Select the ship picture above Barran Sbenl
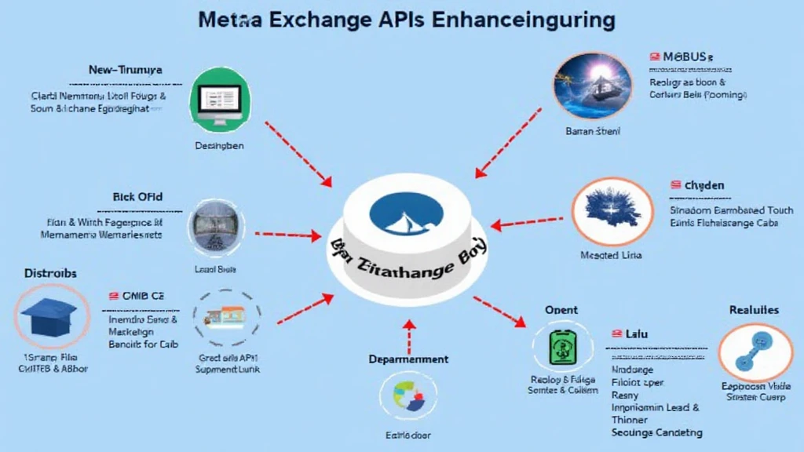tap(592, 86)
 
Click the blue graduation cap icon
tap(46, 318)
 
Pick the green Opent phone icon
tap(559, 346)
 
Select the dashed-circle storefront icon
tap(222, 318)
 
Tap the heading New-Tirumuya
tap(126, 70)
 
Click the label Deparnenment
tap(408, 359)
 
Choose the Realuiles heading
tap(754, 310)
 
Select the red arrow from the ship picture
tap(508, 141)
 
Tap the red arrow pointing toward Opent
tap(499, 310)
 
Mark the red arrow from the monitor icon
tap(298, 154)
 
